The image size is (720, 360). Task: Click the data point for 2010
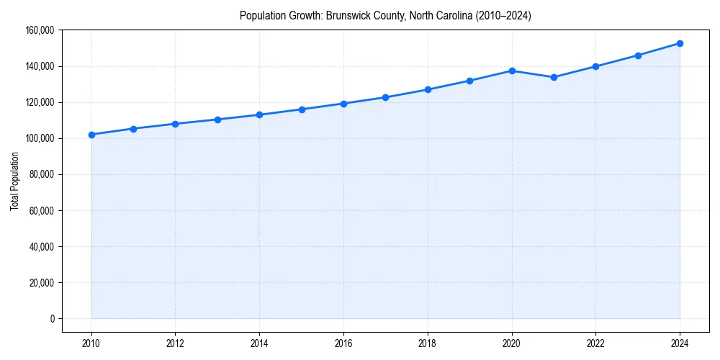(x=91, y=135)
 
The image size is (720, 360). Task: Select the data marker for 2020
(x=512, y=71)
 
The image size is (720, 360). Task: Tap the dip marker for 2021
(x=554, y=77)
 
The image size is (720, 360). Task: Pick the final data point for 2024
(x=680, y=43)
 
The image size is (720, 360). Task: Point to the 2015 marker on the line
(x=302, y=109)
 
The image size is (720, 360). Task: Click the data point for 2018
(x=428, y=89)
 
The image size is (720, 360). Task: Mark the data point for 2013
(x=217, y=120)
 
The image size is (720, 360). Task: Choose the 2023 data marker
(x=638, y=55)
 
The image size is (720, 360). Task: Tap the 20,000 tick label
(x=42, y=282)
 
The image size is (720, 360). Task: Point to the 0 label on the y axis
(x=52, y=318)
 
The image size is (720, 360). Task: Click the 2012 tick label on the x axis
(x=175, y=343)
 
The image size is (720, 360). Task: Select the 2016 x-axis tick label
(x=343, y=343)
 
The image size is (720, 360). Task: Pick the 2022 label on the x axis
(x=595, y=343)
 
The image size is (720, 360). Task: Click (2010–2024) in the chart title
(x=498, y=16)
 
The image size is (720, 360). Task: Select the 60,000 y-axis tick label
(x=42, y=210)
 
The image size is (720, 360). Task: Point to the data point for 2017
(x=385, y=97)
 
